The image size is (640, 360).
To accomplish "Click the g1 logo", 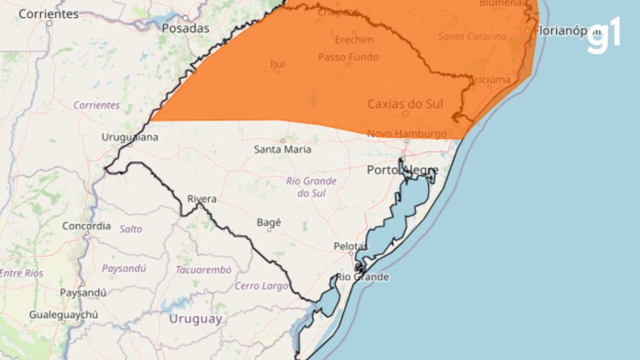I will tap(604, 36).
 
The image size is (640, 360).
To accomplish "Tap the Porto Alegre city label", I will tap(403, 170).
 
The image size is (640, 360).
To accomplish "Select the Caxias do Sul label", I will tap(405, 103).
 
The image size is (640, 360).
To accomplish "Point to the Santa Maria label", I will tap(283, 149).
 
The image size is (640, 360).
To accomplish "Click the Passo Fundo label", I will tap(348, 57).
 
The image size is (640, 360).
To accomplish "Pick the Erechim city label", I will tap(354, 40).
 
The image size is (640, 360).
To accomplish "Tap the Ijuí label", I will tap(278, 63).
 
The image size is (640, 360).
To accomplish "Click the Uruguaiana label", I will tap(130, 137).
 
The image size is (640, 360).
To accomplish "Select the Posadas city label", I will tap(185, 28).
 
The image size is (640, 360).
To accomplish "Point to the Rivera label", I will tap(202, 199).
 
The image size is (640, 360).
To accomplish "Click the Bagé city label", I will tap(269, 222).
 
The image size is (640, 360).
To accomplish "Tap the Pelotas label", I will tap(351, 246).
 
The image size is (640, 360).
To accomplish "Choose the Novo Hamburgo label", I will tap(406, 133).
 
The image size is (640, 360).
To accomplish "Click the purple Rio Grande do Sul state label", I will tap(311, 187).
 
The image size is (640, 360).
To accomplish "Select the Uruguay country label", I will tap(195, 319).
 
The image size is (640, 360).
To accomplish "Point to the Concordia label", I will tap(86, 225).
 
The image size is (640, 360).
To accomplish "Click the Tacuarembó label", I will tap(203, 270).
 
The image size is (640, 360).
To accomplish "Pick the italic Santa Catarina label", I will tap(472, 37).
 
